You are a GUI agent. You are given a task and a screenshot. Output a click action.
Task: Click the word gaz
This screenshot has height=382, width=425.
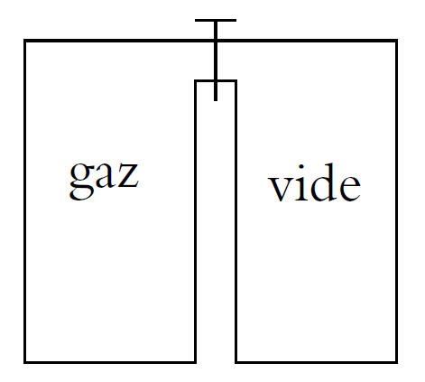click(104, 180)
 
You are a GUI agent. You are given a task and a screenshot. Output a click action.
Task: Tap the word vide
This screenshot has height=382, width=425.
click(314, 182)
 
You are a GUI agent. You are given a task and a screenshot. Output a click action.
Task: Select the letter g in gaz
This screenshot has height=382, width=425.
click(81, 181)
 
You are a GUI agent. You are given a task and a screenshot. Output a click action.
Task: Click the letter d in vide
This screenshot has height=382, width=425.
click(324, 182)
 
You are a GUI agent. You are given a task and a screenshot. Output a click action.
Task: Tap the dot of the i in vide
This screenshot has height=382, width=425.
click(301, 167)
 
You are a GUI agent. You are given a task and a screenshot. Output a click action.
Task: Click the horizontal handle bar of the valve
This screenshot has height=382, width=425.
click(216, 21)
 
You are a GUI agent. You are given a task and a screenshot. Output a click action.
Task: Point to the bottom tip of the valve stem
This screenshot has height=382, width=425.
click(216, 100)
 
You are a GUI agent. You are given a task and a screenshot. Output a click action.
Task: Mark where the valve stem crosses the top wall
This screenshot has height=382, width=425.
click(216, 41)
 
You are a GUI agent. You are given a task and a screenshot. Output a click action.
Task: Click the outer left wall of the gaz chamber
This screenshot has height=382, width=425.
click(25, 201)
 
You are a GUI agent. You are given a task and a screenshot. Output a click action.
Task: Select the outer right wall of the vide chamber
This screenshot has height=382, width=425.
click(397, 201)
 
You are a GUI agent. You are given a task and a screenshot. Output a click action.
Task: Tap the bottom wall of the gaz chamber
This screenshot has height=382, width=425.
click(110, 362)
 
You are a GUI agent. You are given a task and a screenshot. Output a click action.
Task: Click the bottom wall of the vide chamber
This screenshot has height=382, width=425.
click(317, 362)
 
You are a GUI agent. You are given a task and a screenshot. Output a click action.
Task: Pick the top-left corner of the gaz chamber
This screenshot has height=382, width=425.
click(25, 41)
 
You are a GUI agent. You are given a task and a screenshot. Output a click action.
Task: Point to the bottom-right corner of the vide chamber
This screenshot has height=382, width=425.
click(397, 362)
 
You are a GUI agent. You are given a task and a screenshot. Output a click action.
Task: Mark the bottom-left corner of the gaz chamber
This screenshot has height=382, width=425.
click(25, 362)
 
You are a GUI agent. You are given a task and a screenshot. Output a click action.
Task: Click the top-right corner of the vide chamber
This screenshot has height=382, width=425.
click(397, 41)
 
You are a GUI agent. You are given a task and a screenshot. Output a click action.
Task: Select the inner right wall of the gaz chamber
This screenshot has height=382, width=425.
click(196, 221)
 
